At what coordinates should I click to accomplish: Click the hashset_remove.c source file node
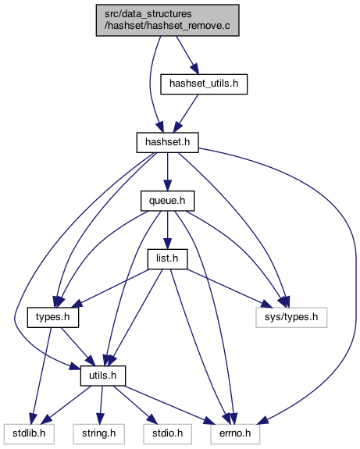coord(168,20)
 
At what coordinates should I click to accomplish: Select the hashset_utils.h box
coord(204,84)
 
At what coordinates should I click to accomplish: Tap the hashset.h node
coord(168,142)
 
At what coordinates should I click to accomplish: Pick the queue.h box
coord(168,201)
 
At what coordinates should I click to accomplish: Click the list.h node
coord(168,259)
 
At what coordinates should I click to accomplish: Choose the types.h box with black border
coord(53,317)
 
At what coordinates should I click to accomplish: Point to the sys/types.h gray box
coord(291,317)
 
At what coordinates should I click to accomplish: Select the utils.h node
coord(103,376)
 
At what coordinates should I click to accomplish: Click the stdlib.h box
coord(29,434)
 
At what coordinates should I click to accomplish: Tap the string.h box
coord(99,434)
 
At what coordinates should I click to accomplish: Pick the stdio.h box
coord(168,434)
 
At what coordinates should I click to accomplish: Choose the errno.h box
coord(235,434)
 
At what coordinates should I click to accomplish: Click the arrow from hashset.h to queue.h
coord(168,172)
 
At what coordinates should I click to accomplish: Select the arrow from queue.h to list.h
coord(168,230)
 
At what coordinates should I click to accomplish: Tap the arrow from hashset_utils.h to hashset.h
coord(186,113)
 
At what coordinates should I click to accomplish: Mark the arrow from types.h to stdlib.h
coord(42,376)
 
